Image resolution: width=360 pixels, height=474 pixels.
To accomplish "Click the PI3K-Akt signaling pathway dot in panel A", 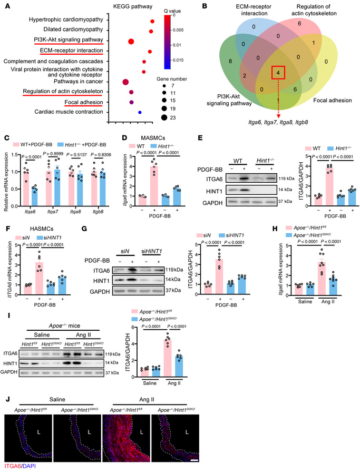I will (131, 42).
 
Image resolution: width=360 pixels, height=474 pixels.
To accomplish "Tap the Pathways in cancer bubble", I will (125, 82).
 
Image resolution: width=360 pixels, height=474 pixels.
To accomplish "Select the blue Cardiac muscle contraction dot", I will (140, 112).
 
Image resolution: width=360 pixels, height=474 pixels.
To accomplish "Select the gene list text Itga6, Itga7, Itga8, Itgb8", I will (278, 122).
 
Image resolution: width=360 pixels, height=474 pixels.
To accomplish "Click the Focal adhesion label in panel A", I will (83, 102).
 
